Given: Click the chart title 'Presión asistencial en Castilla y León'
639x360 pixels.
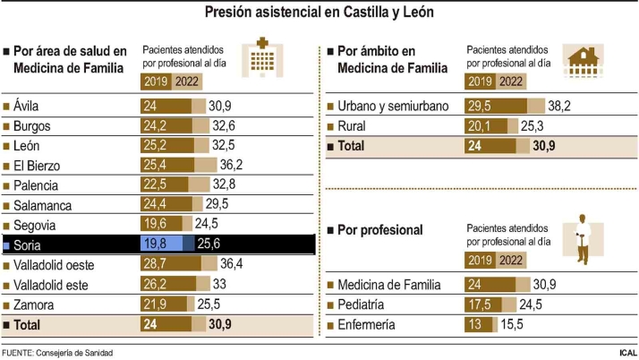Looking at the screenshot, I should pyautogui.click(x=319, y=13).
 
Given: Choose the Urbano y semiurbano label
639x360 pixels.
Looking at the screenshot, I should pyautogui.click(x=393, y=106).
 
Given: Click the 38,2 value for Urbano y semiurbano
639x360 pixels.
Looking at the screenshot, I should pyautogui.click(x=559, y=106).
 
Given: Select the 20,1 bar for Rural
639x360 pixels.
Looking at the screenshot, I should pyautogui.click(x=485, y=125).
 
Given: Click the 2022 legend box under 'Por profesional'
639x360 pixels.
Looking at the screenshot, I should pyautogui.click(x=511, y=260).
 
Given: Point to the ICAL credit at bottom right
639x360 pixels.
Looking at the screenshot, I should pyautogui.click(x=627, y=353).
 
